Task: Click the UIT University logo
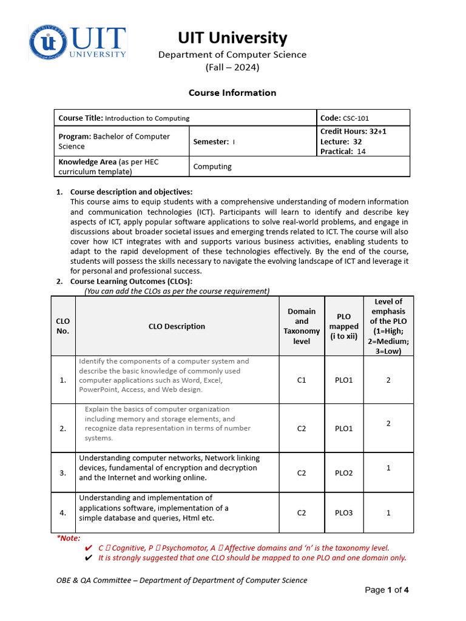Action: coord(78,42)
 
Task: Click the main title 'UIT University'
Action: coord(232,38)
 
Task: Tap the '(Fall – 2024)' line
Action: coord(232,67)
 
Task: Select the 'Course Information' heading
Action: coord(232,93)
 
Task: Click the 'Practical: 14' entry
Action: coord(343,152)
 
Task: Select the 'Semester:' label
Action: coord(211,142)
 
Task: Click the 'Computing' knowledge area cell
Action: coord(212,167)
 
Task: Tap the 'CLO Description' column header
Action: coord(177,326)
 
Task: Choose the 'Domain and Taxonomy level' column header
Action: coord(302,326)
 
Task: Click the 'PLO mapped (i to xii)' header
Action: coord(344,326)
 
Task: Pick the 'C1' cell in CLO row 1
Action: coord(302,380)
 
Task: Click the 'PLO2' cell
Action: coord(344,473)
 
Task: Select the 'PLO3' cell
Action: coord(344,512)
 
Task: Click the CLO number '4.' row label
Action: coord(63,512)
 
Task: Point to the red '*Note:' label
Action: coord(68,538)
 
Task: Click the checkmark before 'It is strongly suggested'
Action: coord(89,558)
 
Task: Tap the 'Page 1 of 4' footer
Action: coord(387,590)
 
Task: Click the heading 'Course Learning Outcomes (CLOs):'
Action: coord(131,281)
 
